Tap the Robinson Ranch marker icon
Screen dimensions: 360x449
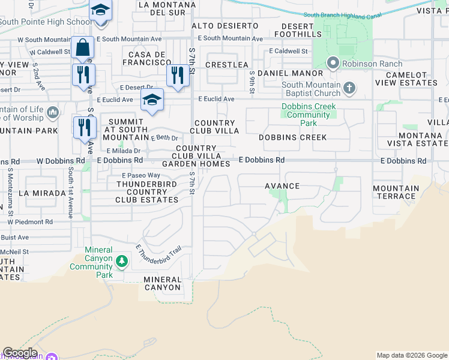point(333,63)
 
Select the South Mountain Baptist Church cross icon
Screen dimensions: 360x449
point(350,89)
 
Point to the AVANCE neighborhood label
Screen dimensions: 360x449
point(282,186)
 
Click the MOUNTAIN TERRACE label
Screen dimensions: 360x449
point(395,192)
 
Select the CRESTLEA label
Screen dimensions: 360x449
point(227,64)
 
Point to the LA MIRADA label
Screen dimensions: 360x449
point(41,193)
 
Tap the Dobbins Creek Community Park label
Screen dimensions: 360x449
point(309,115)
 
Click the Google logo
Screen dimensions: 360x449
point(20,353)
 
